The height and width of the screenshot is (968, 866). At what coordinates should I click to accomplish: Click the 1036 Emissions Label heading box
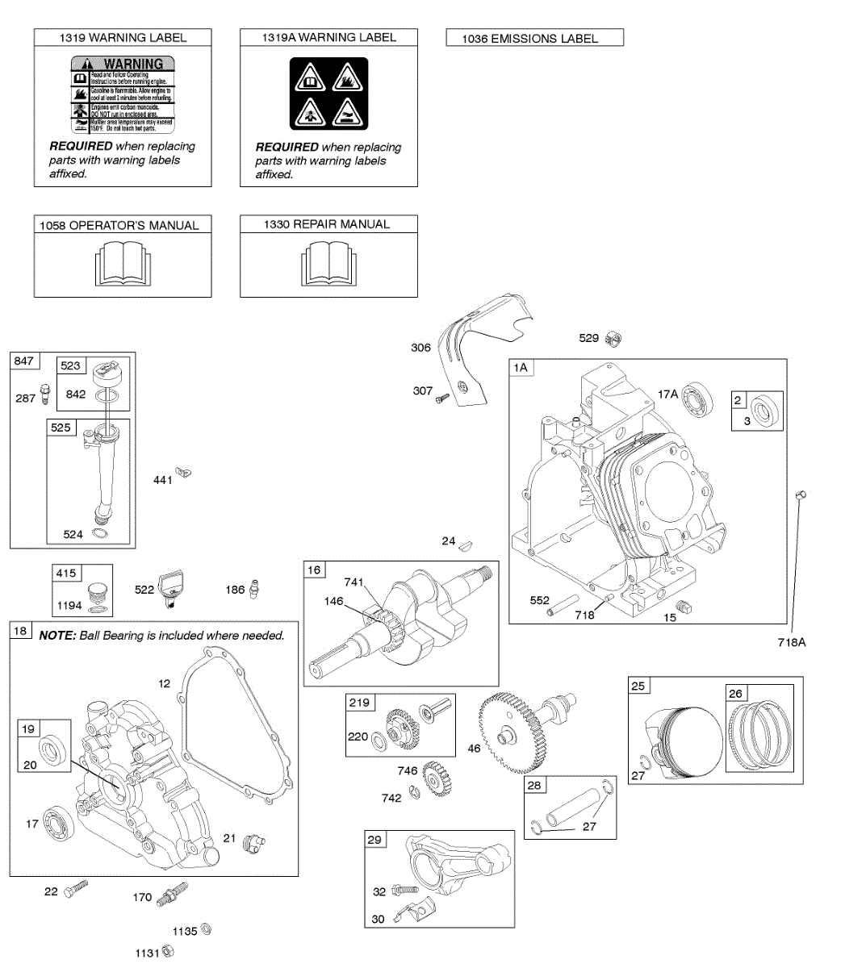click(534, 38)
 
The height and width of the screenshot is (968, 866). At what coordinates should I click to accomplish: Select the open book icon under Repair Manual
click(328, 265)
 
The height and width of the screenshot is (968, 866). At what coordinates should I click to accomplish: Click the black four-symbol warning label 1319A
click(328, 94)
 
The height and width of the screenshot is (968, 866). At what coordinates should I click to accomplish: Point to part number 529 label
click(588, 338)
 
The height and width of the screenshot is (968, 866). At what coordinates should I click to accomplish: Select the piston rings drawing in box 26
click(759, 735)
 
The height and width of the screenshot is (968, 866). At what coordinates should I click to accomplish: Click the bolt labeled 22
click(75, 889)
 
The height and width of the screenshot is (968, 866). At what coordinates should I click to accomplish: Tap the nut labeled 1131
click(168, 953)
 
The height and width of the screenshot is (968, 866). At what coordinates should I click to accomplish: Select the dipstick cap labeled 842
click(107, 376)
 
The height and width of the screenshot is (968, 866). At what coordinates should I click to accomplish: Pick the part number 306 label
click(420, 348)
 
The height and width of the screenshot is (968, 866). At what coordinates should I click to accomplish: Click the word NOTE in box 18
click(56, 636)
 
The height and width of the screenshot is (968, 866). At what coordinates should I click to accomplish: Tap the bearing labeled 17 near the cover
click(59, 821)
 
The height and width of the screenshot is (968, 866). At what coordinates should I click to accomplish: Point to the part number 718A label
click(791, 642)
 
